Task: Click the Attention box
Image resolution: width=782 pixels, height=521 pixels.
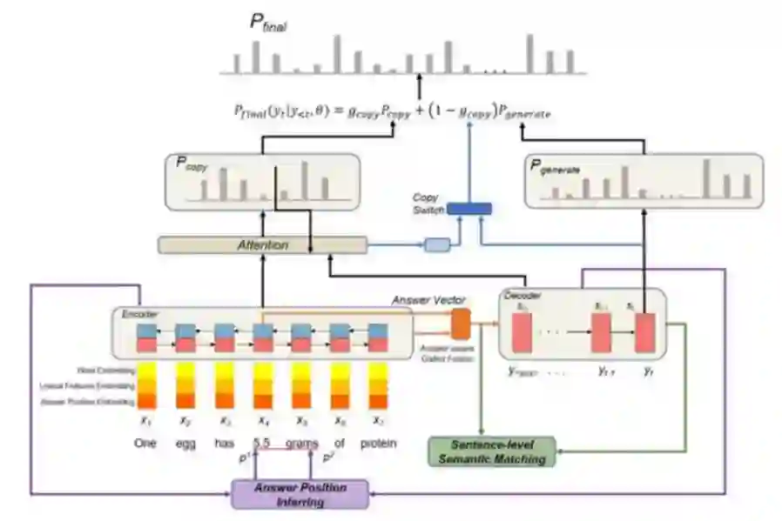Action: point(262,245)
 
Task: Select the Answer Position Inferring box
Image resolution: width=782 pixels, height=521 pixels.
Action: point(300,494)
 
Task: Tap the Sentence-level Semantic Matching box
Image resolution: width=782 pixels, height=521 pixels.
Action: point(491,451)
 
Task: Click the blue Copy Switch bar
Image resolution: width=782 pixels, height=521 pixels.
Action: point(469,209)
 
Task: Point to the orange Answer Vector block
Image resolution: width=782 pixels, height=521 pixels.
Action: point(461,324)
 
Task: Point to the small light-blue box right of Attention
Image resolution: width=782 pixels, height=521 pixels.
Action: point(436,244)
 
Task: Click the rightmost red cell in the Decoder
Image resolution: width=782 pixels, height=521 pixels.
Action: point(644,333)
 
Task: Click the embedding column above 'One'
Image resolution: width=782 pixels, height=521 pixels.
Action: point(147,385)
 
